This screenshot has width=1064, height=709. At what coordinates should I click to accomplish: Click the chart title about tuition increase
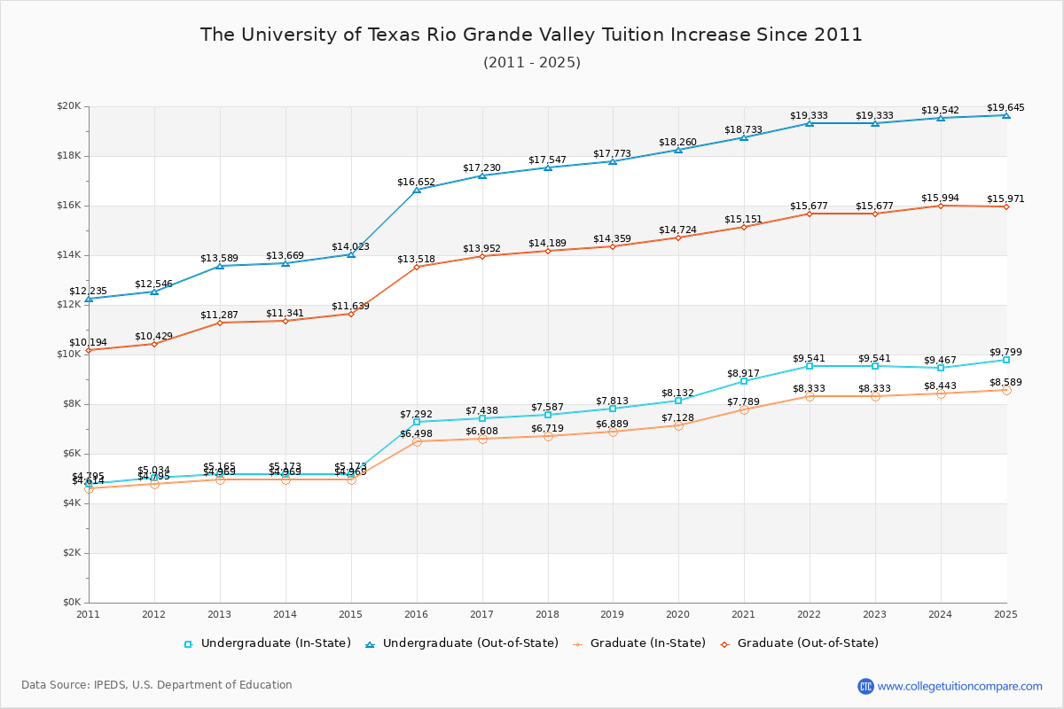tap(531, 35)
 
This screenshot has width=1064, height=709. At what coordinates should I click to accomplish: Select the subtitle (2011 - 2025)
tap(531, 63)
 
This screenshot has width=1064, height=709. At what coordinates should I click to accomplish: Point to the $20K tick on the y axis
tap(69, 106)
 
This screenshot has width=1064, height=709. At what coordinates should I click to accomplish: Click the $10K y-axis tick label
tap(69, 354)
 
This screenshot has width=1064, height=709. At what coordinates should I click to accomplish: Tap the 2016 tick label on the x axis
tap(416, 613)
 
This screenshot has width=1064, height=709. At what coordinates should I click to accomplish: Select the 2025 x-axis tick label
tap(1005, 613)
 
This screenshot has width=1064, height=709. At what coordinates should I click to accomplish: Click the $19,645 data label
tap(1005, 108)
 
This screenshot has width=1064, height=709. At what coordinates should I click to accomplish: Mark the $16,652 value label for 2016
tap(416, 183)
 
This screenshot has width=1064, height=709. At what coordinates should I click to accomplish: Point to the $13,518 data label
tap(416, 260)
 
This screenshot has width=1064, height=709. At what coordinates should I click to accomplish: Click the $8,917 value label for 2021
tap(744, 373)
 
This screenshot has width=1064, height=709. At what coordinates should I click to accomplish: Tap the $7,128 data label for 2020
tap(678, 418)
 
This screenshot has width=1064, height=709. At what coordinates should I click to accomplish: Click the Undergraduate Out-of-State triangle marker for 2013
tap(220, 266)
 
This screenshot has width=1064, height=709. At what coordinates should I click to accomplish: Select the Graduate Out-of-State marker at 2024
tap(941, 206)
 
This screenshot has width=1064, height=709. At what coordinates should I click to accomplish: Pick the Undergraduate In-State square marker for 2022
tap(810, 366)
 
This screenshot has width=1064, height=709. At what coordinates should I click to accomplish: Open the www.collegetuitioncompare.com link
tap(959, 686)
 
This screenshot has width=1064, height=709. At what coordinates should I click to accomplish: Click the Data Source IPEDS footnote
tap(157, 685)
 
